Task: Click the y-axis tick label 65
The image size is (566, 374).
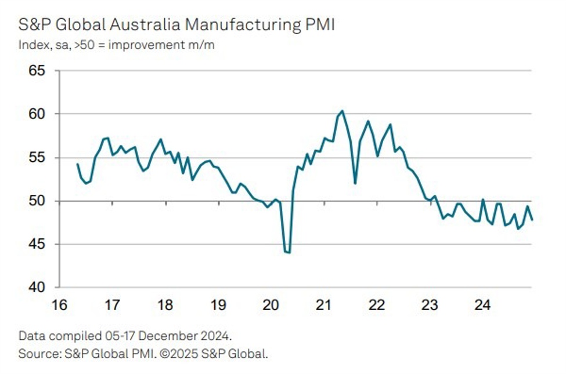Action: point(37,71)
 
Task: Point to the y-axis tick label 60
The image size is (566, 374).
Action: point(37,114)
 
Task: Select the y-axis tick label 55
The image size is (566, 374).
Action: point(37,158)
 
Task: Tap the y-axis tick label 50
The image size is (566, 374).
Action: point(37,201)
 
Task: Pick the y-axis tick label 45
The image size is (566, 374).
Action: point(37,245)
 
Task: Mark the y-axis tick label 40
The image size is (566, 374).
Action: point(37,288)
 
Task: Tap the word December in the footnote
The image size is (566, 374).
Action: point(170,336)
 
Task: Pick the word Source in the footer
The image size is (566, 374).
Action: point(36,353)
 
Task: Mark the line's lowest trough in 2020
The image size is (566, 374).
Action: point(289,253)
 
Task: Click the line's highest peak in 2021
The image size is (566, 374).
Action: point(342,111)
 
